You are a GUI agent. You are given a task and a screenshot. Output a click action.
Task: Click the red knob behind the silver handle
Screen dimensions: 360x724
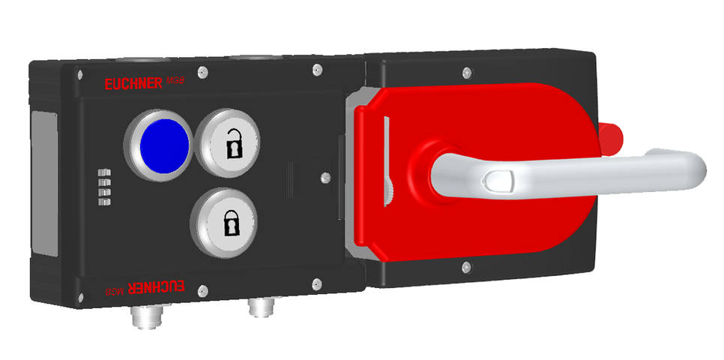click(612, 136)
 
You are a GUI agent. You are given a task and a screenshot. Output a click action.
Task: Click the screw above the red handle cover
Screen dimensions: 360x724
click(466, 73)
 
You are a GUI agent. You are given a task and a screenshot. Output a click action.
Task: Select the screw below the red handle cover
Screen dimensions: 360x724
click(466, 265)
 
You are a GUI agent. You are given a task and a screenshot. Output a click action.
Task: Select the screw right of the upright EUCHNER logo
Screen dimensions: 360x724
click(201, 73)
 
